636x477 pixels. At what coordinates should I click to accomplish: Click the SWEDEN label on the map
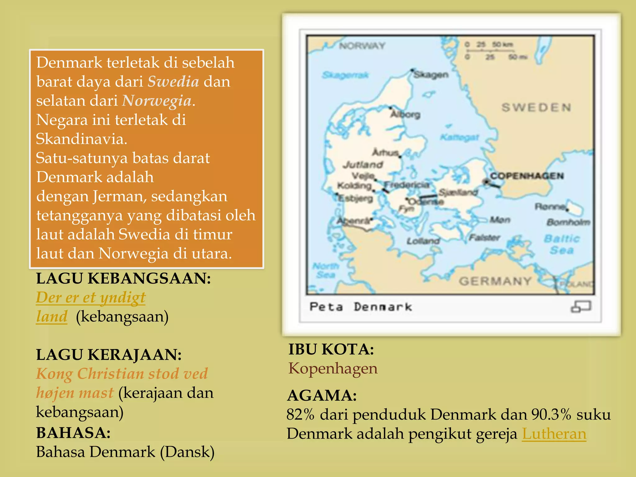click(536, 108)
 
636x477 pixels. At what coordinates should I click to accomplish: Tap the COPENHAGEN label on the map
click(527, 176)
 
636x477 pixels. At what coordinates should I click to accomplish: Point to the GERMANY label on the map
click(495, 281)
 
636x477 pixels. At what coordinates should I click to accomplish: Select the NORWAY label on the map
click(362, 46)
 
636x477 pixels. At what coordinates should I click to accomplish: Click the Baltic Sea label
click(562, 244)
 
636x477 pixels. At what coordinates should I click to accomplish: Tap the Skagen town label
click(431, 75)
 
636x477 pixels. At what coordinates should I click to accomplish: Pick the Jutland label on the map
click(363, 165)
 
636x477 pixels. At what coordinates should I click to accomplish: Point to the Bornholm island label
click(568, 222)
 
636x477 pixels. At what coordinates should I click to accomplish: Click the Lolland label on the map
click(423, 241)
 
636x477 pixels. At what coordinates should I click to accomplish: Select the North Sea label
click(326, 270)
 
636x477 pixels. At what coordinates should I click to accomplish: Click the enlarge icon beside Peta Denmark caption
click(581, 307)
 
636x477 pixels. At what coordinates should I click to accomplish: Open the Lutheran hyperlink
click(554, 434)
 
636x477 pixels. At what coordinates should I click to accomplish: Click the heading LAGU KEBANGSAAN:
click(124, 278)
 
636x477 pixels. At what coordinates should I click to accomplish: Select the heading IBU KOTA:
click(331, 349)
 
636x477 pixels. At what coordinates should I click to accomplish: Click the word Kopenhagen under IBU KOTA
click(333, 368)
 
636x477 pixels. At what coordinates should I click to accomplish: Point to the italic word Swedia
click(173, 81)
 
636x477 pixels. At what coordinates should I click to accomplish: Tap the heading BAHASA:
click(73, 433)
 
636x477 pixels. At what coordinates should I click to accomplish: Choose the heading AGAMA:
click(322, 395)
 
